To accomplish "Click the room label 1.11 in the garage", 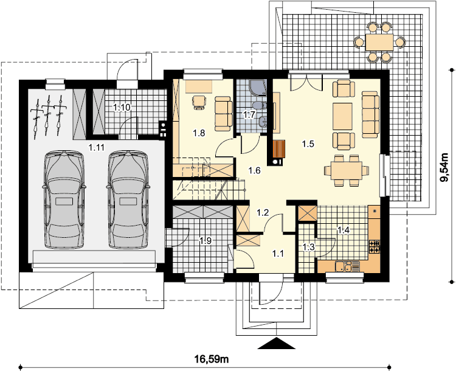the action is point(96,148).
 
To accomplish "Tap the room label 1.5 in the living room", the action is point(308,144).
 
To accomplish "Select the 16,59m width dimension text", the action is point(212,359).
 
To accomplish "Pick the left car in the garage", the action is point(64,199).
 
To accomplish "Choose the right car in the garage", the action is point(128,199).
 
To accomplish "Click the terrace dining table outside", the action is point(379,43).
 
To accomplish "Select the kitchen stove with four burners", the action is point(375,246).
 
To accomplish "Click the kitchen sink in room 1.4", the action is point(344,266).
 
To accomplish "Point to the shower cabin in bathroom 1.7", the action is point(257,88).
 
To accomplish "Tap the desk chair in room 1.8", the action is point(199,102).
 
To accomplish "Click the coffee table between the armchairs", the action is point(342,116).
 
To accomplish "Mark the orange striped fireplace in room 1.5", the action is point(279,148).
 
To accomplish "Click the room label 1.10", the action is point(122,108).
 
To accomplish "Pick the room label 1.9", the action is point(206,240).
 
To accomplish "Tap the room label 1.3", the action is point(308,248).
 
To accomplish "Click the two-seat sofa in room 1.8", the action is point(224,114).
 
